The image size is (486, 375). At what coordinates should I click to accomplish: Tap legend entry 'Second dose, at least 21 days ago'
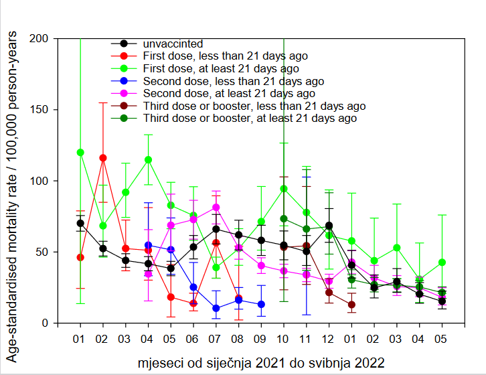tap(230, 93)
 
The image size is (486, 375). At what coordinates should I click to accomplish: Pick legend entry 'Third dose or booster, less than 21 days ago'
tap(254, 106)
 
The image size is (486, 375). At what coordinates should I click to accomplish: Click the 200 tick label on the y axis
tap(40, 39)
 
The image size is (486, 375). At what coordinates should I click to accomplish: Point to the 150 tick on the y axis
tap(40, 110)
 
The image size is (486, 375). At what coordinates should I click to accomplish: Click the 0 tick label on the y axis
tap(46, 323)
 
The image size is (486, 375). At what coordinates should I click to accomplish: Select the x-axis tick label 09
tap(261, 339)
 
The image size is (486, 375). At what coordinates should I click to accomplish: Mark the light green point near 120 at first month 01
tap(80, 152)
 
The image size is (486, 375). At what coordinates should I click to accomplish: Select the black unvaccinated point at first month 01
tap(80, 223)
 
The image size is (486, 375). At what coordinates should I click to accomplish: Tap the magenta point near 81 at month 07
tap(216, 208)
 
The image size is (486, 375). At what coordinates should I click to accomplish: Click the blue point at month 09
tap(261, 304)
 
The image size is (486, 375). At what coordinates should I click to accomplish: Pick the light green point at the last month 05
tap(442, 262)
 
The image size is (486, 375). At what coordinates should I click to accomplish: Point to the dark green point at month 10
tap(284, 218)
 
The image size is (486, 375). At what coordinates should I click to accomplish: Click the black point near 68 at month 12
tap(329, 226)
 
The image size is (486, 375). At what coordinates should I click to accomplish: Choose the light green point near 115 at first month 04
tap(148, 159)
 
